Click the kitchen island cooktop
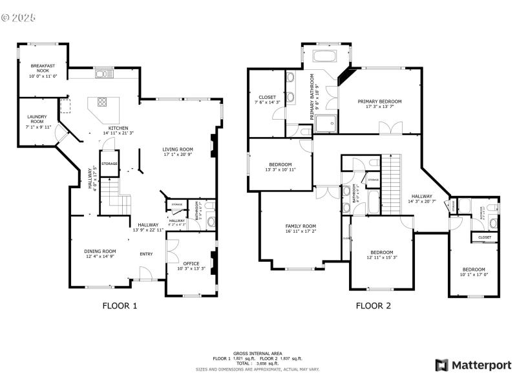coord(103,102)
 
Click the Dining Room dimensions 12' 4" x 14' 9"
coord(100,257)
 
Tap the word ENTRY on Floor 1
coord(147,253)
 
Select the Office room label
coord(191,263)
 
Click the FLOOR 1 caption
coord(120,306)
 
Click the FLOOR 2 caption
coord(374,306)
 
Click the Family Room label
coord(301,226)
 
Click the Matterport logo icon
coord(442,365)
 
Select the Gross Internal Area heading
coord(257,353)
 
